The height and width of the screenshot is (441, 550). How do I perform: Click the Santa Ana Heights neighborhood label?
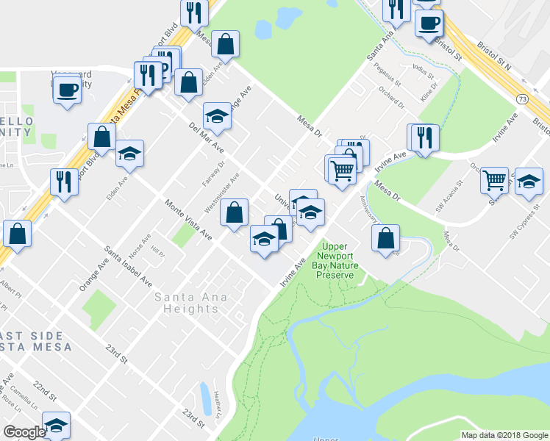click(x=192, y=303)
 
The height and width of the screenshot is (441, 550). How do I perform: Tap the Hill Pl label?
click(x=157, y=251)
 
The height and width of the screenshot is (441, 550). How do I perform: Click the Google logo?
click(x=24, y=431)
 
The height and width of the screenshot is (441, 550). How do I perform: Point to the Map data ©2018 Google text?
click(x=504, y=435)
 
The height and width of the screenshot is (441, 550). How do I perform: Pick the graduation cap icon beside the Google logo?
click(x=56, y=426)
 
